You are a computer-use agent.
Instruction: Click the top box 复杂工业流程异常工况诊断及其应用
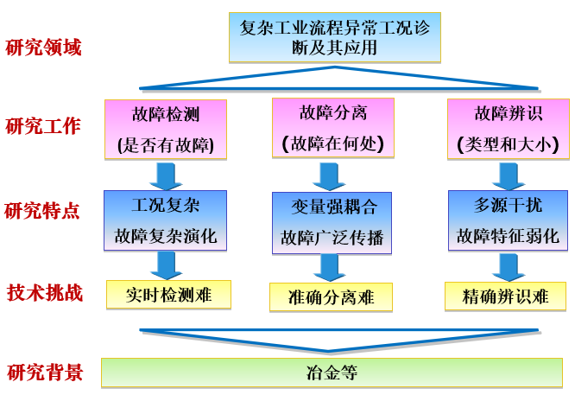coord(335,37)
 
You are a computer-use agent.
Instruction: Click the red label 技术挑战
coord(44,292)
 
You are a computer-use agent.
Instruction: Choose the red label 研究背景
coord(45,373)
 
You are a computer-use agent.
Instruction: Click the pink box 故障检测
coord(165,129)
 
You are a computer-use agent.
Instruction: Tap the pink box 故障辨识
coord(502,129)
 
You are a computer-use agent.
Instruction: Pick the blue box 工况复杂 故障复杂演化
coord(165,220)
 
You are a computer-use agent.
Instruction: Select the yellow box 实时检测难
coord(168,295)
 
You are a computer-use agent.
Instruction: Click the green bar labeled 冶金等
coord(332,373)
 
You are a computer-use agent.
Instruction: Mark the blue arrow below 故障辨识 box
coord(504,175)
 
